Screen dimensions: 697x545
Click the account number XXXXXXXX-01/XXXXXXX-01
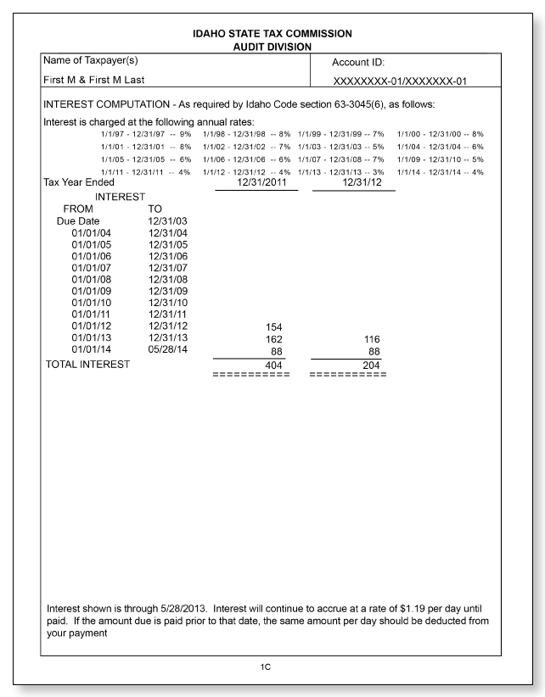coord(405,81)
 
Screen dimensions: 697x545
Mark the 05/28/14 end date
coord(166,350)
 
